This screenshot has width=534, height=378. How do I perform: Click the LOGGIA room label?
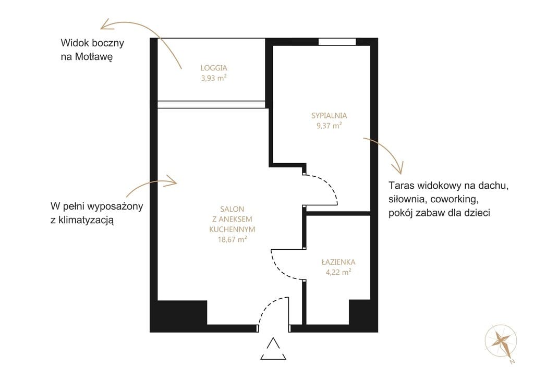click(x=213, y=68)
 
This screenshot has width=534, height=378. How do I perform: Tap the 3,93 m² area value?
click(x=213, y=78)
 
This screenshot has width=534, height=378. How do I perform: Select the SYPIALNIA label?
click(x=329, y=115)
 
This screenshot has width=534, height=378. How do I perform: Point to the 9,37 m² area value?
click(x=329, y=126)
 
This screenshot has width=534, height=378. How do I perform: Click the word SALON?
click(x=232, y=209)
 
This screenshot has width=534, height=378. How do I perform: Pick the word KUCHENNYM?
click(x=232, y=229)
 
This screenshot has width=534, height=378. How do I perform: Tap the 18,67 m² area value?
click(x=232, y=239)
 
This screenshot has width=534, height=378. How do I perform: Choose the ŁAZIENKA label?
click(x=338, y=262)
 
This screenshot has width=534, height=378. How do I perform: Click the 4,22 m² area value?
click(x=338, y=272)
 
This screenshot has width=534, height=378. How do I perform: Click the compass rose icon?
click(x=501, y=342)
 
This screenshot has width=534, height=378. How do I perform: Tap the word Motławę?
click(x=93, y=56)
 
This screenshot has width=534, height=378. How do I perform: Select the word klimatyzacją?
click(x=86, y=221)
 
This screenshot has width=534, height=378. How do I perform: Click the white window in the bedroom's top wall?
click(x=337, y=42)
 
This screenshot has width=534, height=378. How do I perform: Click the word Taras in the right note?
click(x=400, y=186)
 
